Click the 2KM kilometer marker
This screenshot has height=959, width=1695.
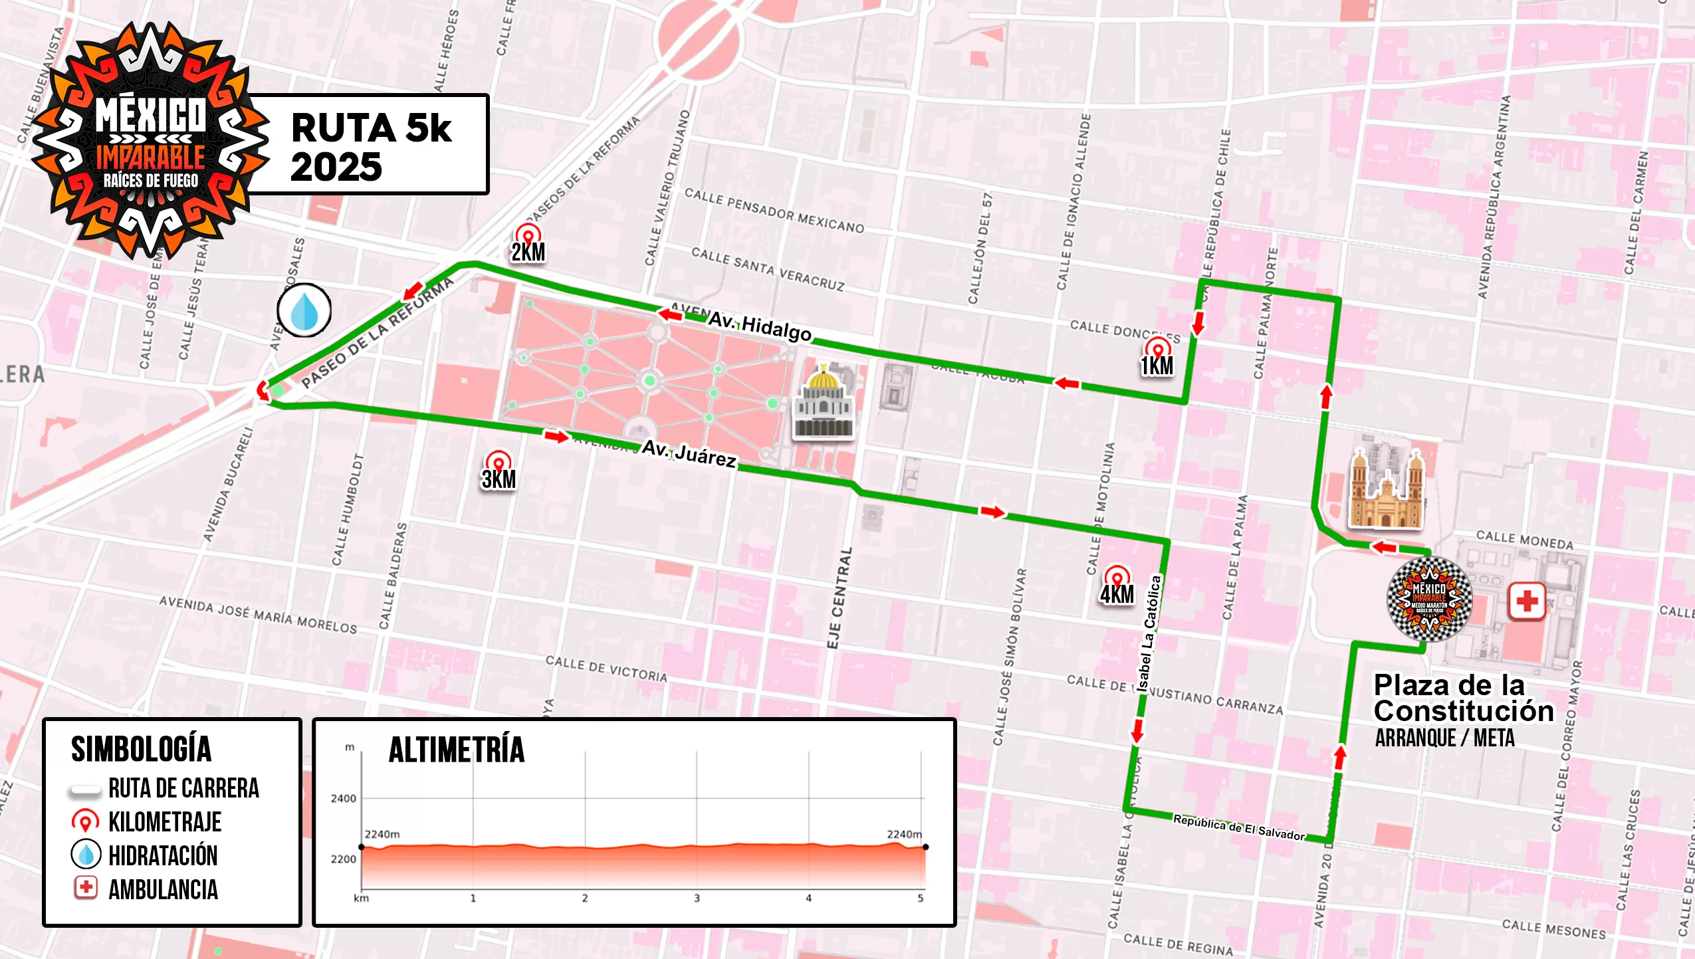click(528, 244)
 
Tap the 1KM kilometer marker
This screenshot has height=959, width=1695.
click(1157, 357)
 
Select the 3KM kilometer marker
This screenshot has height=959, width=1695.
click(499, 471)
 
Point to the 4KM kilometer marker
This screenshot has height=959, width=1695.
click(1117, 586)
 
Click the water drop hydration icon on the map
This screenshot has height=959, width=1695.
click(304, 310)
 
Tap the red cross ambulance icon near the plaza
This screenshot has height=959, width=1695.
click(1527, 601)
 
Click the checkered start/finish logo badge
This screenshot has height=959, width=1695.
click(1429, 599)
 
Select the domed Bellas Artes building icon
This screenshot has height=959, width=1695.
click(824, 404)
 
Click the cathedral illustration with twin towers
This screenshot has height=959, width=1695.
click(1387, 490)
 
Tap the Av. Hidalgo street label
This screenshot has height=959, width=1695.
click(760, 326)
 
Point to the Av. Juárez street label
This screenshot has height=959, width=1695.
click(689, 454)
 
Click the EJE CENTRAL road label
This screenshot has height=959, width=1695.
click(839, 598)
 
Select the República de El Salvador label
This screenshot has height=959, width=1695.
click(1238, 827)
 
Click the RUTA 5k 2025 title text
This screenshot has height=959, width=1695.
click(371, 146)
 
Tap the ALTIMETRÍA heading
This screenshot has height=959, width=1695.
click(457, 750)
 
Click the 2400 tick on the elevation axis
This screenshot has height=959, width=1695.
click(343, 798)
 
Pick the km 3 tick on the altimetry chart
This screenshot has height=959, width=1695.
click(697, 898)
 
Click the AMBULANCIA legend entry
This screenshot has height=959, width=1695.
click(163, 889)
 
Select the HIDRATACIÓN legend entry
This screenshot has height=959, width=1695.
click(163, 855)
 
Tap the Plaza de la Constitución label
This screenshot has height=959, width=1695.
click(1462, 698)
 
